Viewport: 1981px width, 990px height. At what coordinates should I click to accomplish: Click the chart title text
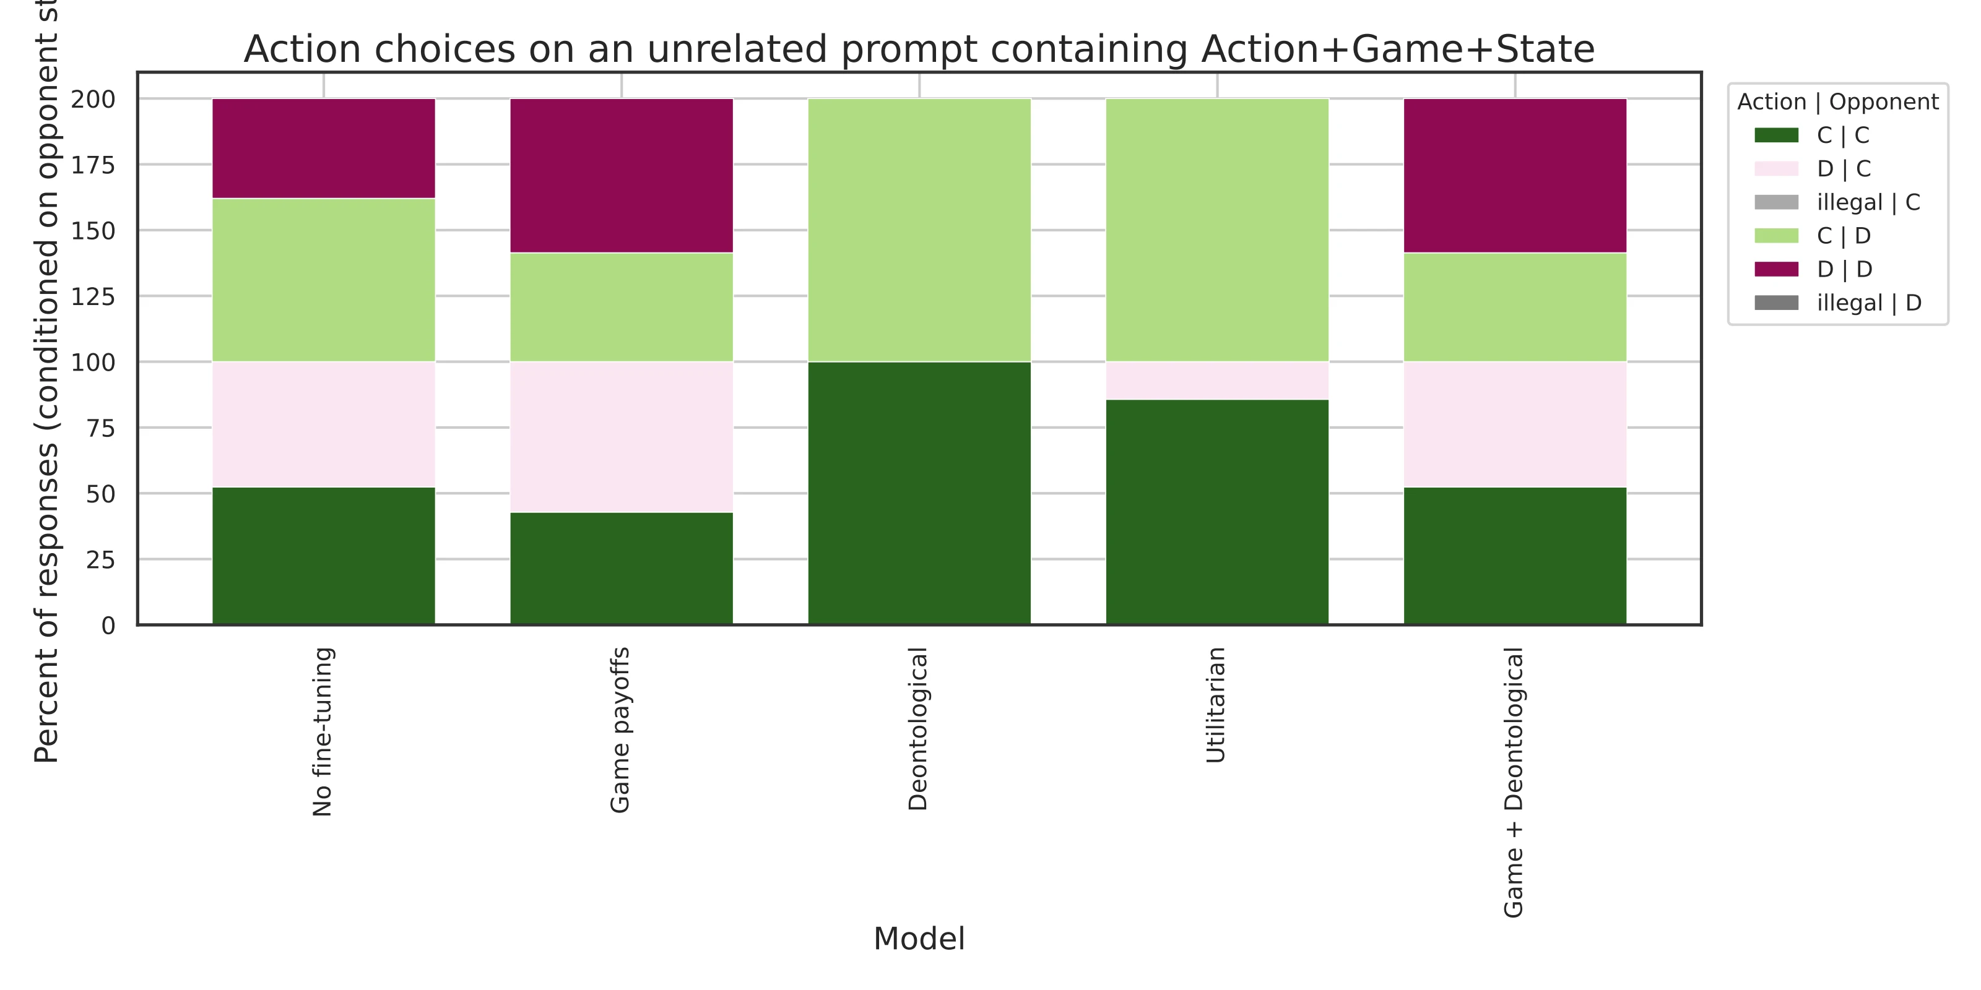click(919, 49)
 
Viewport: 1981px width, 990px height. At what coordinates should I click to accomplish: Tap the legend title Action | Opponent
click(1837, 101)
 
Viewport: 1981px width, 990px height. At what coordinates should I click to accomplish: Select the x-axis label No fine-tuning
click(323, 732)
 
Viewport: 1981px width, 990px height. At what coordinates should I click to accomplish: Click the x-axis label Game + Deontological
click(1514, 783)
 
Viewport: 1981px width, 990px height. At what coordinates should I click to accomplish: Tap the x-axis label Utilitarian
click(1216, 705)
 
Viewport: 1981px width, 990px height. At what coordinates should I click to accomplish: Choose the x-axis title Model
click(919, 939)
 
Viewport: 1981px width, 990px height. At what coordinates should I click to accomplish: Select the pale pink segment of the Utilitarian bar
click(1216, 381)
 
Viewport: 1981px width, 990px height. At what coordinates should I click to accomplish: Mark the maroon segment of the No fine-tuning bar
click(323, 148)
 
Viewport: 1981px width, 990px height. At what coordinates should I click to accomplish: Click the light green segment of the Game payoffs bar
click(622, 307)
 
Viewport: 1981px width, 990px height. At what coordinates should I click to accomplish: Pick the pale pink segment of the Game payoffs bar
click(622, 437)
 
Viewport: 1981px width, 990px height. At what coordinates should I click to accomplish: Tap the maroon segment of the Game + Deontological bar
click(1514, 175)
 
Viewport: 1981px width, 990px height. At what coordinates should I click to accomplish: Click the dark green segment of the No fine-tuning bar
click(323, 556)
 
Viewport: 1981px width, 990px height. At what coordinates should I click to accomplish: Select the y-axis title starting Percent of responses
click(47, 384)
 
